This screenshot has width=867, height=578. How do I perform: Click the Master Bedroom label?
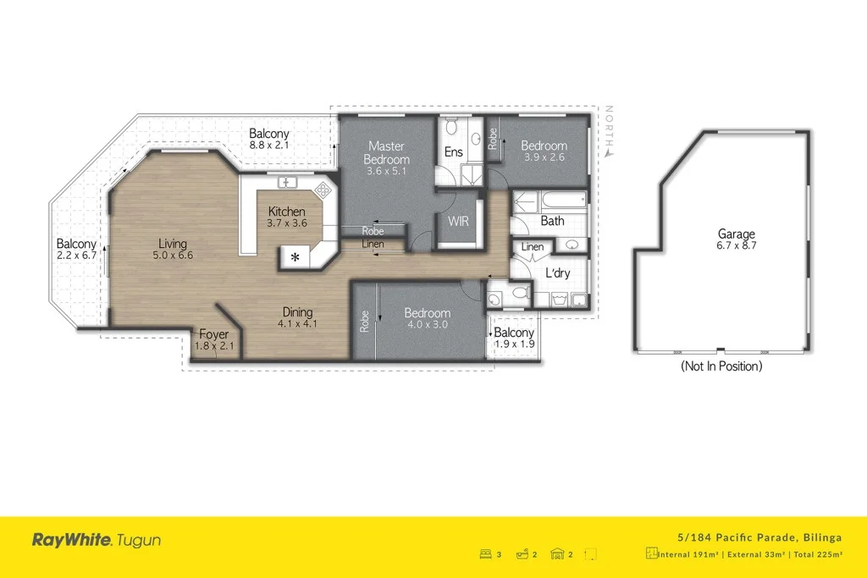point(387,159)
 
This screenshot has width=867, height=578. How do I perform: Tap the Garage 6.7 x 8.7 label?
point(736,240)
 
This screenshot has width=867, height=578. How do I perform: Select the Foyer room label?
point(213,340)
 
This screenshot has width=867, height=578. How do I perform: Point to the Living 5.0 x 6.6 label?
point(172,250)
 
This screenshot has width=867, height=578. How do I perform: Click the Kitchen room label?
point(286,217)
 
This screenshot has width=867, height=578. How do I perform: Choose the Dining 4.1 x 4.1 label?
point(297,317)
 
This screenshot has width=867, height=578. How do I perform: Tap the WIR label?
point(458,223)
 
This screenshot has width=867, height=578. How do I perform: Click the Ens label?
point(453,153)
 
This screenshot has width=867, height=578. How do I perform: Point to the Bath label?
point(552,222)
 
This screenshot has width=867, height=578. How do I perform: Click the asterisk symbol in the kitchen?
point(295,257)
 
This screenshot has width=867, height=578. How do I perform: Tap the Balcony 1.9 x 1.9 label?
point(514,339)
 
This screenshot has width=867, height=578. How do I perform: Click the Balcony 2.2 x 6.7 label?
point(76,250)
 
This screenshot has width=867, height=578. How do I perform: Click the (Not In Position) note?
point(721,366)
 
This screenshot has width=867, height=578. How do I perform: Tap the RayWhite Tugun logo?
point(96,540)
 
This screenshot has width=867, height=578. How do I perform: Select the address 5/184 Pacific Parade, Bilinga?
point(759,537)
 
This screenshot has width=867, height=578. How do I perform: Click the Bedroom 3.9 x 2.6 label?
point(544,151)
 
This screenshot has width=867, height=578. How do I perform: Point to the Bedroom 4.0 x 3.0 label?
point(427,319)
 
